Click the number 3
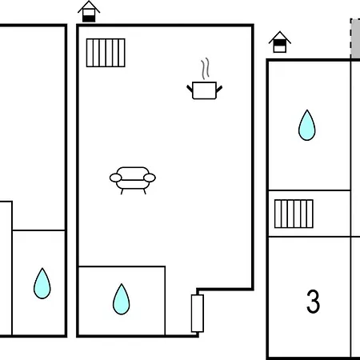pos(313,302)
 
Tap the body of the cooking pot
pos(204,90)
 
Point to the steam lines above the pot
pos(205,69)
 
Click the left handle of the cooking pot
pos(190,89)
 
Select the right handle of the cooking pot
pos(219,89)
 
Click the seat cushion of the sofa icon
pos(133,184)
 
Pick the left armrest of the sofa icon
pos(116,178)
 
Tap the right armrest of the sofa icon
pos(150,178)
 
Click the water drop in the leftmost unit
pos(42,284)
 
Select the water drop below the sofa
pos(122,300)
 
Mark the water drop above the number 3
pos(307,126)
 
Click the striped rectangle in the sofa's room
pos(106,53)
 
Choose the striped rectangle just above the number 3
pos(294,214)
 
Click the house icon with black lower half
pos(89,12)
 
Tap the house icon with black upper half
pos(280,42)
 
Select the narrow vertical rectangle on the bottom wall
pos(198,314)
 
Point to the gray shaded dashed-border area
pos(355,38)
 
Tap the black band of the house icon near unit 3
pos(280,42)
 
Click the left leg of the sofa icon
pos(122,191)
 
